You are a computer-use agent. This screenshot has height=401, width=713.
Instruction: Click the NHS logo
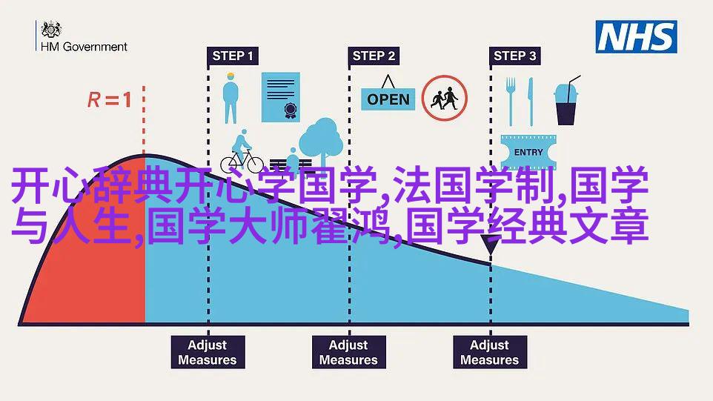click(636, 37)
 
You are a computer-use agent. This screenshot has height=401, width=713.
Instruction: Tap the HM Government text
click(84, 47)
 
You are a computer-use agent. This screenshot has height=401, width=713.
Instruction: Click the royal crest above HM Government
click(51, 30)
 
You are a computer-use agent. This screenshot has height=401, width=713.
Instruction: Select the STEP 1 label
click(233, 56)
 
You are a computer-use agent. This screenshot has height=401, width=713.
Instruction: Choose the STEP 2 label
click(374, 56)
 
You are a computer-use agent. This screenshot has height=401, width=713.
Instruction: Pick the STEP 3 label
click(515, 56)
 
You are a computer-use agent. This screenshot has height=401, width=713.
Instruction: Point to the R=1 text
click(110, 99)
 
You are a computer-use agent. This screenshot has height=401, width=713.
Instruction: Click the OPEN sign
click(388, 95)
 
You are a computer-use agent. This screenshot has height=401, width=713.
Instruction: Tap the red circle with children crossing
click(444, 98)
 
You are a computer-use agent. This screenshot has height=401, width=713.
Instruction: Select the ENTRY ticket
click(528, 152)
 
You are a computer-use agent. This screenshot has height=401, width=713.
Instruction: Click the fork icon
click(511, 102)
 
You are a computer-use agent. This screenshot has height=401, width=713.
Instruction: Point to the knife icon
click(530, 102)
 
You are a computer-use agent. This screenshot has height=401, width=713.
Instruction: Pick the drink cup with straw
click(566, 101)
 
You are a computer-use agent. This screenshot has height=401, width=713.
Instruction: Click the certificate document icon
click(281, 97)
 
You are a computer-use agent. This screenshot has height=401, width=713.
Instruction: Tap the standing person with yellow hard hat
click(231, 98)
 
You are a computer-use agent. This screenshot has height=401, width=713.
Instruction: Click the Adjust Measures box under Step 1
click(208, 352)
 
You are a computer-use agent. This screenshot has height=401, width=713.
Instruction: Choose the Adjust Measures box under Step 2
click(349, 352)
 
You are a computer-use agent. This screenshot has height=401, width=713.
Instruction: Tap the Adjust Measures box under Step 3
click(490, 352)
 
